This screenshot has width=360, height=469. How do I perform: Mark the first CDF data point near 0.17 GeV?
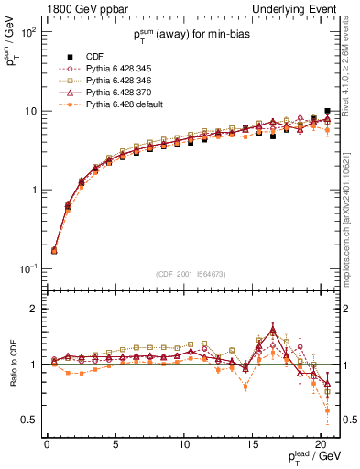[x=53, y=250]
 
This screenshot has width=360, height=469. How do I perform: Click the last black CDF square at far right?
[x=328, y=111]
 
